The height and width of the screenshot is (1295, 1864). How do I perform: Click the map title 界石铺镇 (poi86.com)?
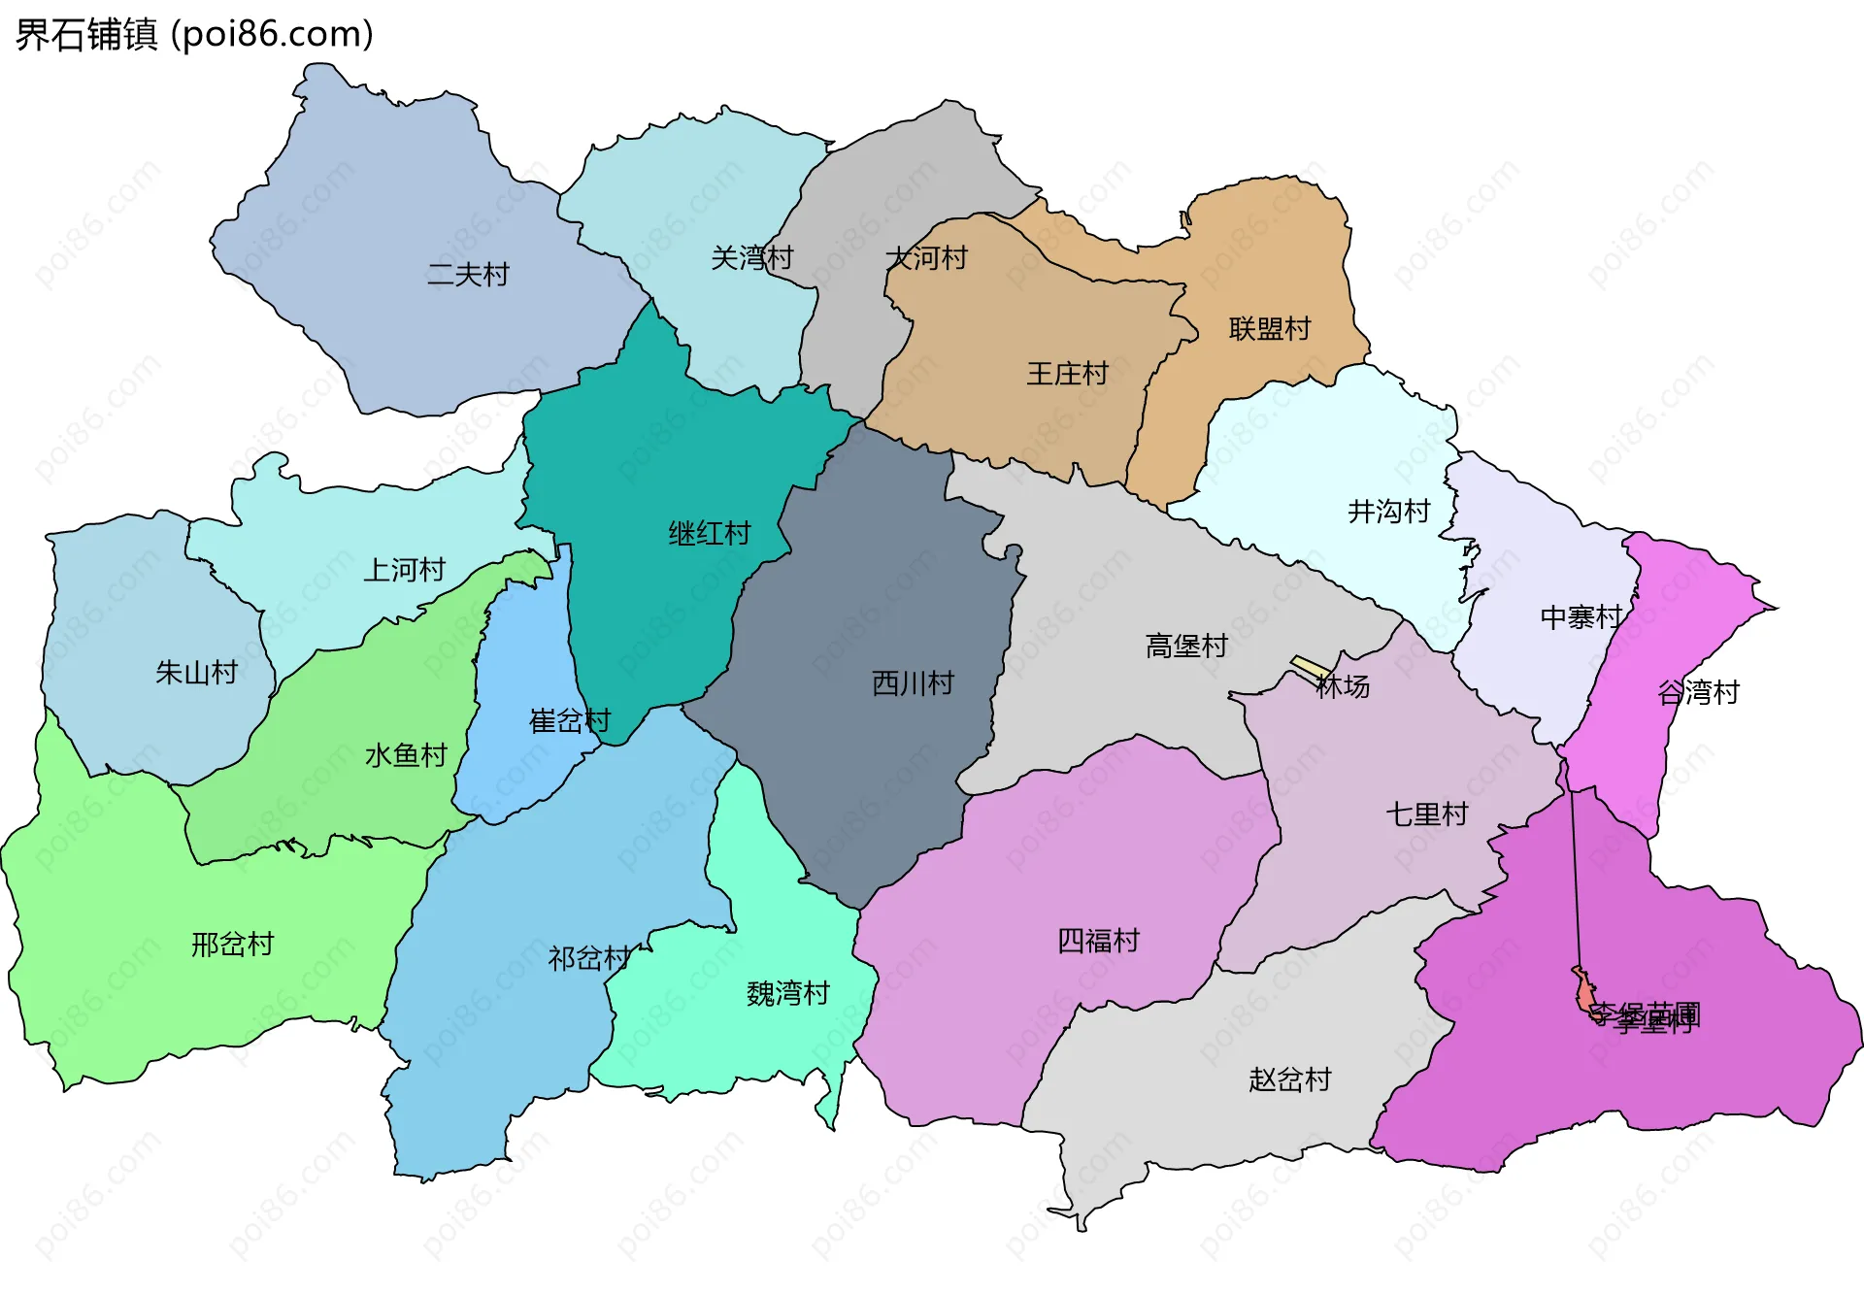pyautogui.click(x=194, y=35)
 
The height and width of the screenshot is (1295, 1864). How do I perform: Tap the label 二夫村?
pyautogui.click(x=468, y=275)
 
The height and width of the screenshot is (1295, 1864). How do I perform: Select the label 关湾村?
pyautogui.click(x=751, y=258)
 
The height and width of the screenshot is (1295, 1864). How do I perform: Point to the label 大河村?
pyautogui.click(x=926, y=258)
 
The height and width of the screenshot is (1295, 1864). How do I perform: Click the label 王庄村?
pyautogui.click(x=1067, y=374)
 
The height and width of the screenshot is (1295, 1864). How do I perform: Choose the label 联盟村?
pyautogui.click(x=1269, y=329)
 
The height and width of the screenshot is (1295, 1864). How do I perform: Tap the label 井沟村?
pyautogui.click(x=1388, y=512)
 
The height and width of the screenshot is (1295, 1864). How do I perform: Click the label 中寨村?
pyautogui.click(x=1581, y=617)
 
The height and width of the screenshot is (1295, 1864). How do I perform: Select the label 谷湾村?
pyautogui.click(x=1698, y=693)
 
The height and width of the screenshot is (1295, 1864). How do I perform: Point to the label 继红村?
pyautogui.click(x=709, y=534)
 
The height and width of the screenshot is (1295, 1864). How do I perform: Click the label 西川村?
pyautogui.click(x=913, y=683)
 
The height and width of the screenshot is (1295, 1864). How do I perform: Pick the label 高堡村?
pyautogui.click(x=1186, y=647)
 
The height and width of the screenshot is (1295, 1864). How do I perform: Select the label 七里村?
pyautogui.click(x=1426, y=814)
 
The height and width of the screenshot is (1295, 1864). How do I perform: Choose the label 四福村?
pyautogui.click(x=1098, y=941)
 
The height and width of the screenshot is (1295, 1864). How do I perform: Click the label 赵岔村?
pyautogui.click(x=1289, y=1079)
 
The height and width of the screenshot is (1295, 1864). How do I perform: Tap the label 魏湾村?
pyautogui.click(x=787, y=994)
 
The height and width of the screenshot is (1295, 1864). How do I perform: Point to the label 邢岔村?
pyautogui.click(x=232, y=945)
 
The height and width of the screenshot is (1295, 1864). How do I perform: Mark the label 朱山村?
pyautogui.click(x=196, y=673)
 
